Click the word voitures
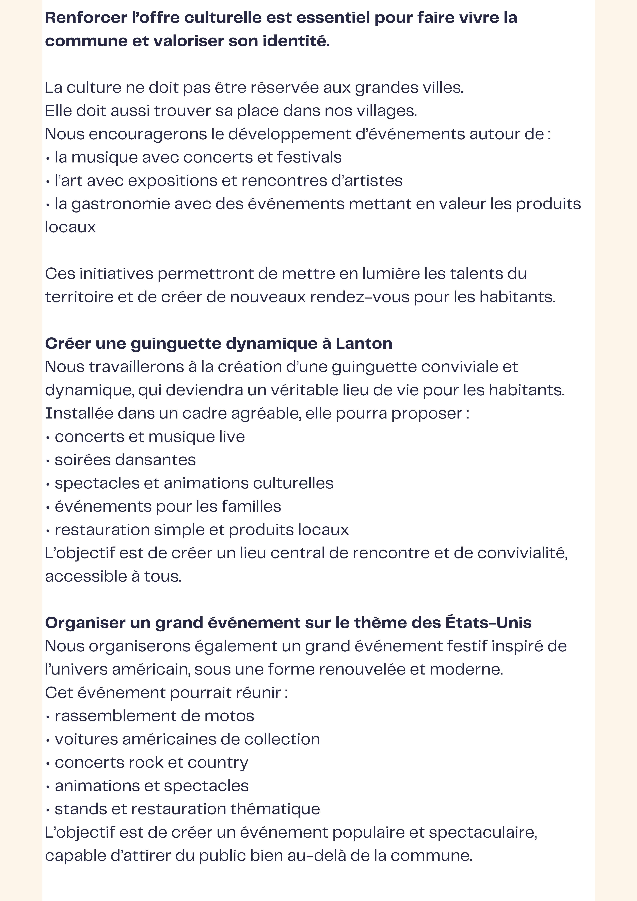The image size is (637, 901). tap(86, 740)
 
